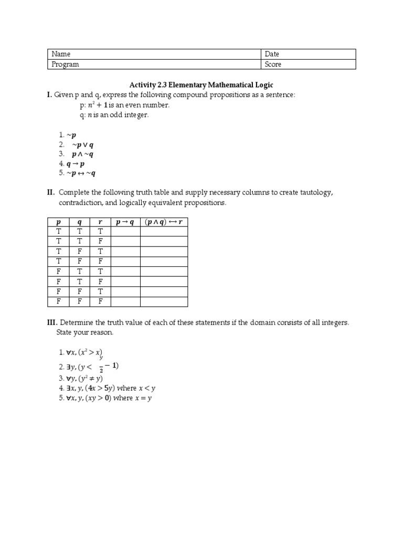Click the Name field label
coord(61,54)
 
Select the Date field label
coord(272,54)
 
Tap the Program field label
coord(65,64)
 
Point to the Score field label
coord(273,64)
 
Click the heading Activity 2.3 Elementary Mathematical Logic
coord(201,84)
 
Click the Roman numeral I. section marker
coord(49,94)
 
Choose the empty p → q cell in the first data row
coord(125,231)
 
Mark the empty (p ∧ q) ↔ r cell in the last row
coord(164,302)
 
